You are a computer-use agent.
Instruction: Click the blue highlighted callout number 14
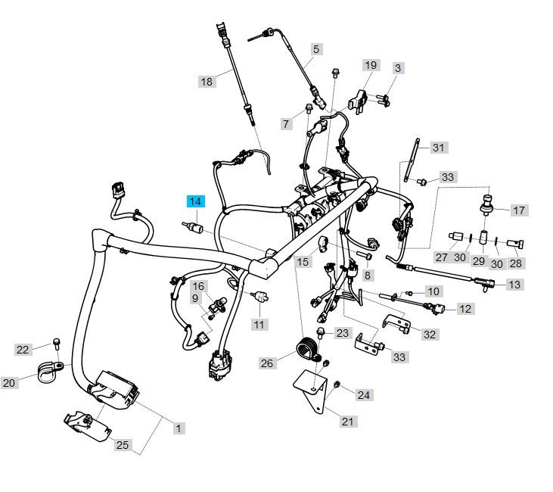coord(196,201)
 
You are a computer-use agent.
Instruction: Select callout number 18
coord(207,81)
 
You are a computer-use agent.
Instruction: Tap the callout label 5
coord(316,48)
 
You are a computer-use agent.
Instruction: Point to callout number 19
coord(370,66)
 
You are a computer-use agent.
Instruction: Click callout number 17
coord(518,210)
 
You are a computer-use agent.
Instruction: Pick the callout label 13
coord(514,285)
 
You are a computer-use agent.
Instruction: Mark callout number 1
coord(179,428)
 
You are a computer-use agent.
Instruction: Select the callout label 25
coord(123,445)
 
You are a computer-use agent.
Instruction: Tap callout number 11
coord(259,325)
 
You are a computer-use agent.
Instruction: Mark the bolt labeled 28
coord(517,243)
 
